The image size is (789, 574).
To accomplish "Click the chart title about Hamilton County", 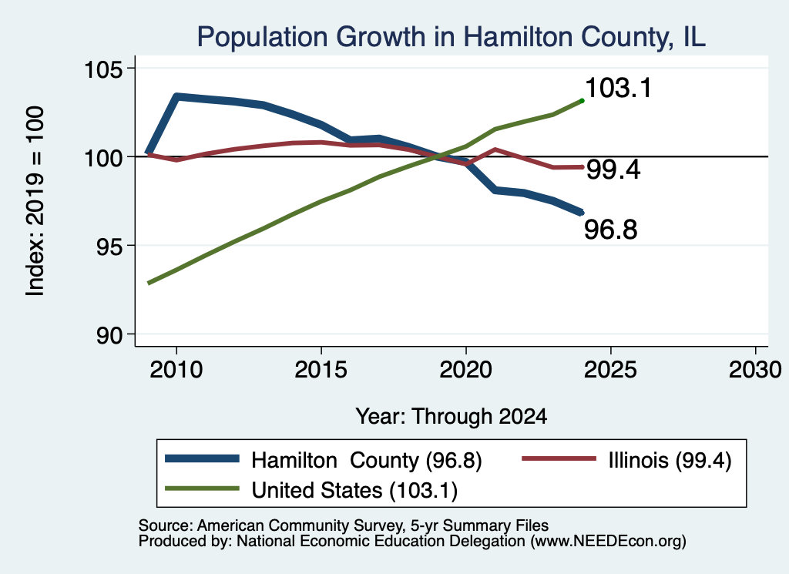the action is tap(451, 37).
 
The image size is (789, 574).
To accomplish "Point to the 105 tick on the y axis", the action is tap(103, 69).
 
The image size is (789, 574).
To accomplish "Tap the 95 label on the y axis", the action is tap(109, 246).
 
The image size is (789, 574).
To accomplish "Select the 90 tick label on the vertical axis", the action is tap(109, 335).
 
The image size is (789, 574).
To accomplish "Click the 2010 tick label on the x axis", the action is tap(176, 371).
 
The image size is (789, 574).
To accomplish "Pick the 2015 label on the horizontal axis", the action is tap(321, 371).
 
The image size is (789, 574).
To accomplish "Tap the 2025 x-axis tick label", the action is tap(610, 371).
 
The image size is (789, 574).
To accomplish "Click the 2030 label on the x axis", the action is tap(755, 371).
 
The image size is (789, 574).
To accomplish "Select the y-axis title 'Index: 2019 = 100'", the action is tap(35, 201).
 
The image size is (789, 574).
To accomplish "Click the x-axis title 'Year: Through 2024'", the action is tap(452, 417).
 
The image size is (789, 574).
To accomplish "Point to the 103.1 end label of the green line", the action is tap(619, 88).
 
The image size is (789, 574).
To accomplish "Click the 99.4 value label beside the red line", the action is tap(614, 170).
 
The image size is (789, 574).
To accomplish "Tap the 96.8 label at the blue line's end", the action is tap(611, 230).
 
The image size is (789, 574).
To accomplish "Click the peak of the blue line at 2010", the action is tap(176, 96).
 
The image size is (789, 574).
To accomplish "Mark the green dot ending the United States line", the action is tap(583, 101).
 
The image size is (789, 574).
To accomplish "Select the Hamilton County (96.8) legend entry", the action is tap(324, 460).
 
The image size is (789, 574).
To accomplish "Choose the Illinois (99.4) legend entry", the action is tap(626, 460).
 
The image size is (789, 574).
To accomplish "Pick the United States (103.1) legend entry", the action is tap(311, 490).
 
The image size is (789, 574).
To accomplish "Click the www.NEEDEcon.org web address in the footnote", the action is tap(609, 542).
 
